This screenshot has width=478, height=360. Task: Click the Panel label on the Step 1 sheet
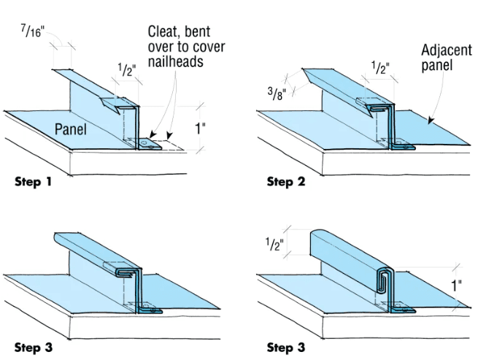(72, 130)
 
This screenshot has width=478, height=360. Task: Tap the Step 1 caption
(33, 182)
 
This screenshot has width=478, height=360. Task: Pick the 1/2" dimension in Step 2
(379, 69)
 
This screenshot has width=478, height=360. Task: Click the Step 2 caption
(285, 182)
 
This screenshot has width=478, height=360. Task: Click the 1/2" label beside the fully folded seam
(275, 245)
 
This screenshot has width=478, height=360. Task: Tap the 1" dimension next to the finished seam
(456, 285)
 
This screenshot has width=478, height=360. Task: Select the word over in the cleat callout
(163, 47)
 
